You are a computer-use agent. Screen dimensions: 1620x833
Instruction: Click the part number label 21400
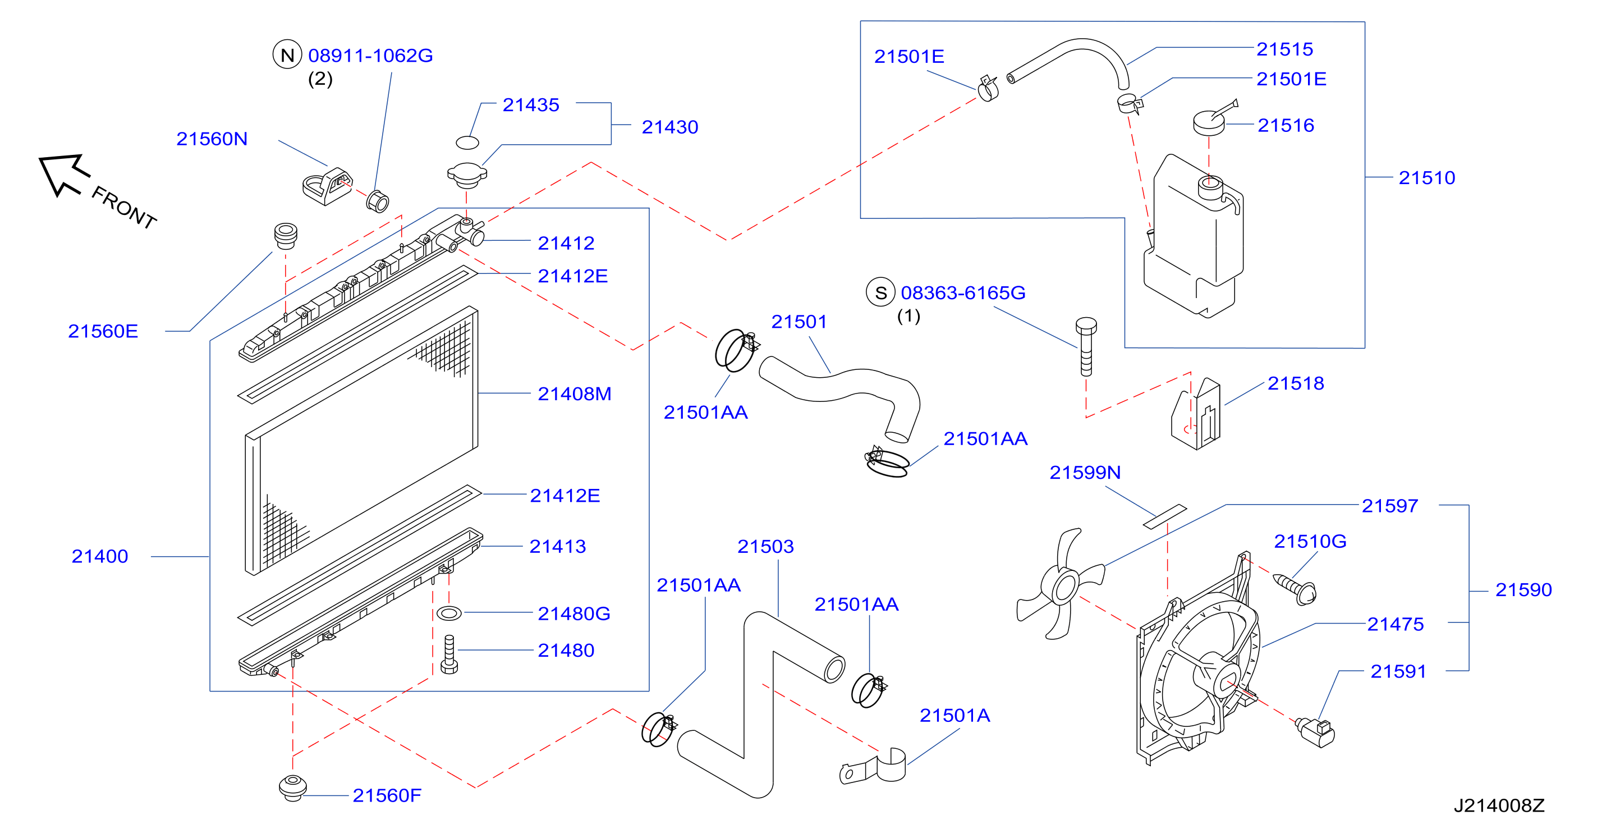99,556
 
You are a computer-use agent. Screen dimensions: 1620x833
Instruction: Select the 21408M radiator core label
574,394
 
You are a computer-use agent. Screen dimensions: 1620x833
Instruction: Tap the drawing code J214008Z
1499,805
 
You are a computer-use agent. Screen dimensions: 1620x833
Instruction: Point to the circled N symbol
287,55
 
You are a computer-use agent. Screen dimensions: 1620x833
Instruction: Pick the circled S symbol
880,292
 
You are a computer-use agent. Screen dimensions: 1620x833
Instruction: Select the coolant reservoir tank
1192,236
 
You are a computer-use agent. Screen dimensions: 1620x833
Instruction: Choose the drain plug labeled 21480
449,654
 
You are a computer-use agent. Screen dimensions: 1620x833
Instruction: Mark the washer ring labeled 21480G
449,612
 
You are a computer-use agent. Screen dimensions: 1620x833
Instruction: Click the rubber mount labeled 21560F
292,788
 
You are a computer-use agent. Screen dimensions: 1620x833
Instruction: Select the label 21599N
1085,472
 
